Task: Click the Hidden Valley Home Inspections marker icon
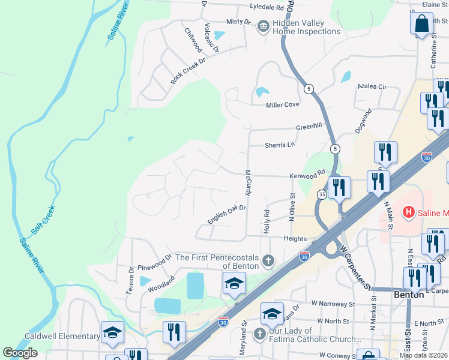[x=263, y=26]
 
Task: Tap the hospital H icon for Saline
[x=409, y=212]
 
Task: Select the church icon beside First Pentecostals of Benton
[x=268, y=261]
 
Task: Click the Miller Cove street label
[x=283, y=105]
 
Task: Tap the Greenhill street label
[x=309, y=127]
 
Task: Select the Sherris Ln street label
[x=280, y=145]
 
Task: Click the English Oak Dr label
[x=227, y=214]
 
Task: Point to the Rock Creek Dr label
[x=188, y=71]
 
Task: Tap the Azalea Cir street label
[x=372, y=86]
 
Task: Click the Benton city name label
[x=409, y=295]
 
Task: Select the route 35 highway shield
[x=322, y=194]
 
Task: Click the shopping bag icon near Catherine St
[x=422, y=24]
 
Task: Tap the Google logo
[x=20, y=353]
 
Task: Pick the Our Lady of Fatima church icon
[x=259, y=334]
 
